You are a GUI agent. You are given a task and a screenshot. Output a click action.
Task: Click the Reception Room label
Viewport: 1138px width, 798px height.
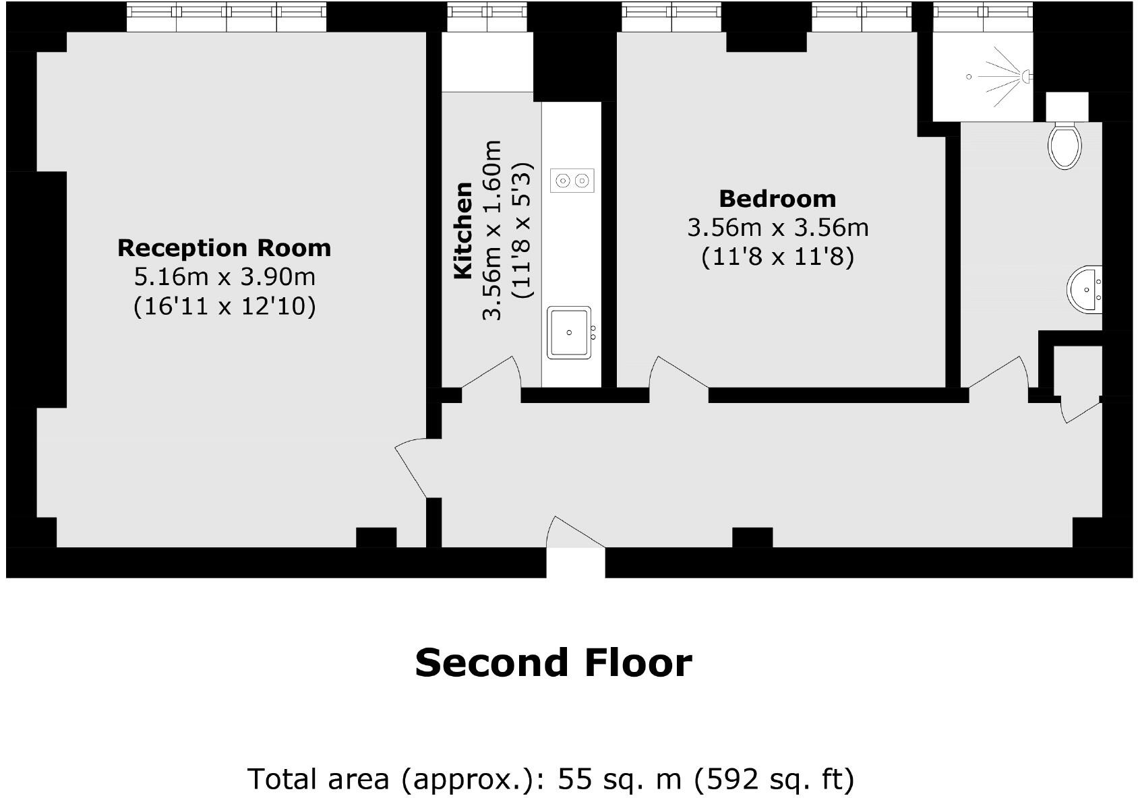(x=224, y=248)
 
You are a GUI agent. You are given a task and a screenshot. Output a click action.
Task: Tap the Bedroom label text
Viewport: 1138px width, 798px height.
(x=777, y=199)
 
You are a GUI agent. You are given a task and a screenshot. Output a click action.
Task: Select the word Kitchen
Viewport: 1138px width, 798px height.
(x=463, y=231)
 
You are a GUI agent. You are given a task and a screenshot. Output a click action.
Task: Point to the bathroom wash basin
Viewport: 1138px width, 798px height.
(x=1086, y=290)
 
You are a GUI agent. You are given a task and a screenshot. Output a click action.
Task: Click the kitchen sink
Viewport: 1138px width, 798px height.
(x=570, y=332)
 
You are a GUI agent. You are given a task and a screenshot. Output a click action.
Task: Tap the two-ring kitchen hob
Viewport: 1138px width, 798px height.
(x=572, y=180)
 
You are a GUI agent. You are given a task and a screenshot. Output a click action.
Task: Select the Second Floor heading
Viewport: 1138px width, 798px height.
(x=553, y=663)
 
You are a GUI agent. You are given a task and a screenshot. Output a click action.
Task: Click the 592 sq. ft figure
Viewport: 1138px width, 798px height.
(x=775, y=779)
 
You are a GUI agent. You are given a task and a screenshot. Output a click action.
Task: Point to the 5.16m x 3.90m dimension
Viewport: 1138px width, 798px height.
(x=224, y=277)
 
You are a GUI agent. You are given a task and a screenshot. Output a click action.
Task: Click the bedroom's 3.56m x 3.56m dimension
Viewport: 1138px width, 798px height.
(x=777, y=228)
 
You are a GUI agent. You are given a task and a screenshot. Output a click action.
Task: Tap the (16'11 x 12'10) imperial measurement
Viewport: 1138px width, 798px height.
(x=224, y=307)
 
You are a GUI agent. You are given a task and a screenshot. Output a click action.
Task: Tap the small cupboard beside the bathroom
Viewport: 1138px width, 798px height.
(x=1077, y=370)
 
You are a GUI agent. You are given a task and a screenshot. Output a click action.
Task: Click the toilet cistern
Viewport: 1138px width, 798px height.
(x=1067, y=106)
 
